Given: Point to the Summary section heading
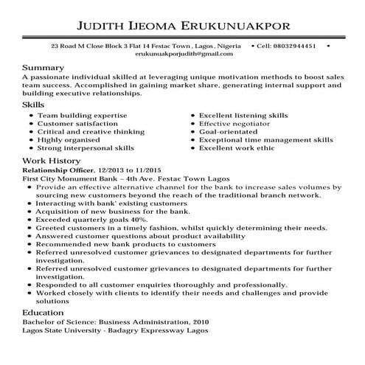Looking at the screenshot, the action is (44, 67).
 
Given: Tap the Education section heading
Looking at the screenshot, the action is (44, 313).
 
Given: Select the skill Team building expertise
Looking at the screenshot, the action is (82, 116).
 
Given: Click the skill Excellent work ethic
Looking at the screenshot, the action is (236, 148).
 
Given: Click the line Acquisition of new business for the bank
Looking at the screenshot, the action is (108, 212).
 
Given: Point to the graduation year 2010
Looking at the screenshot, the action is (198, 323).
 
